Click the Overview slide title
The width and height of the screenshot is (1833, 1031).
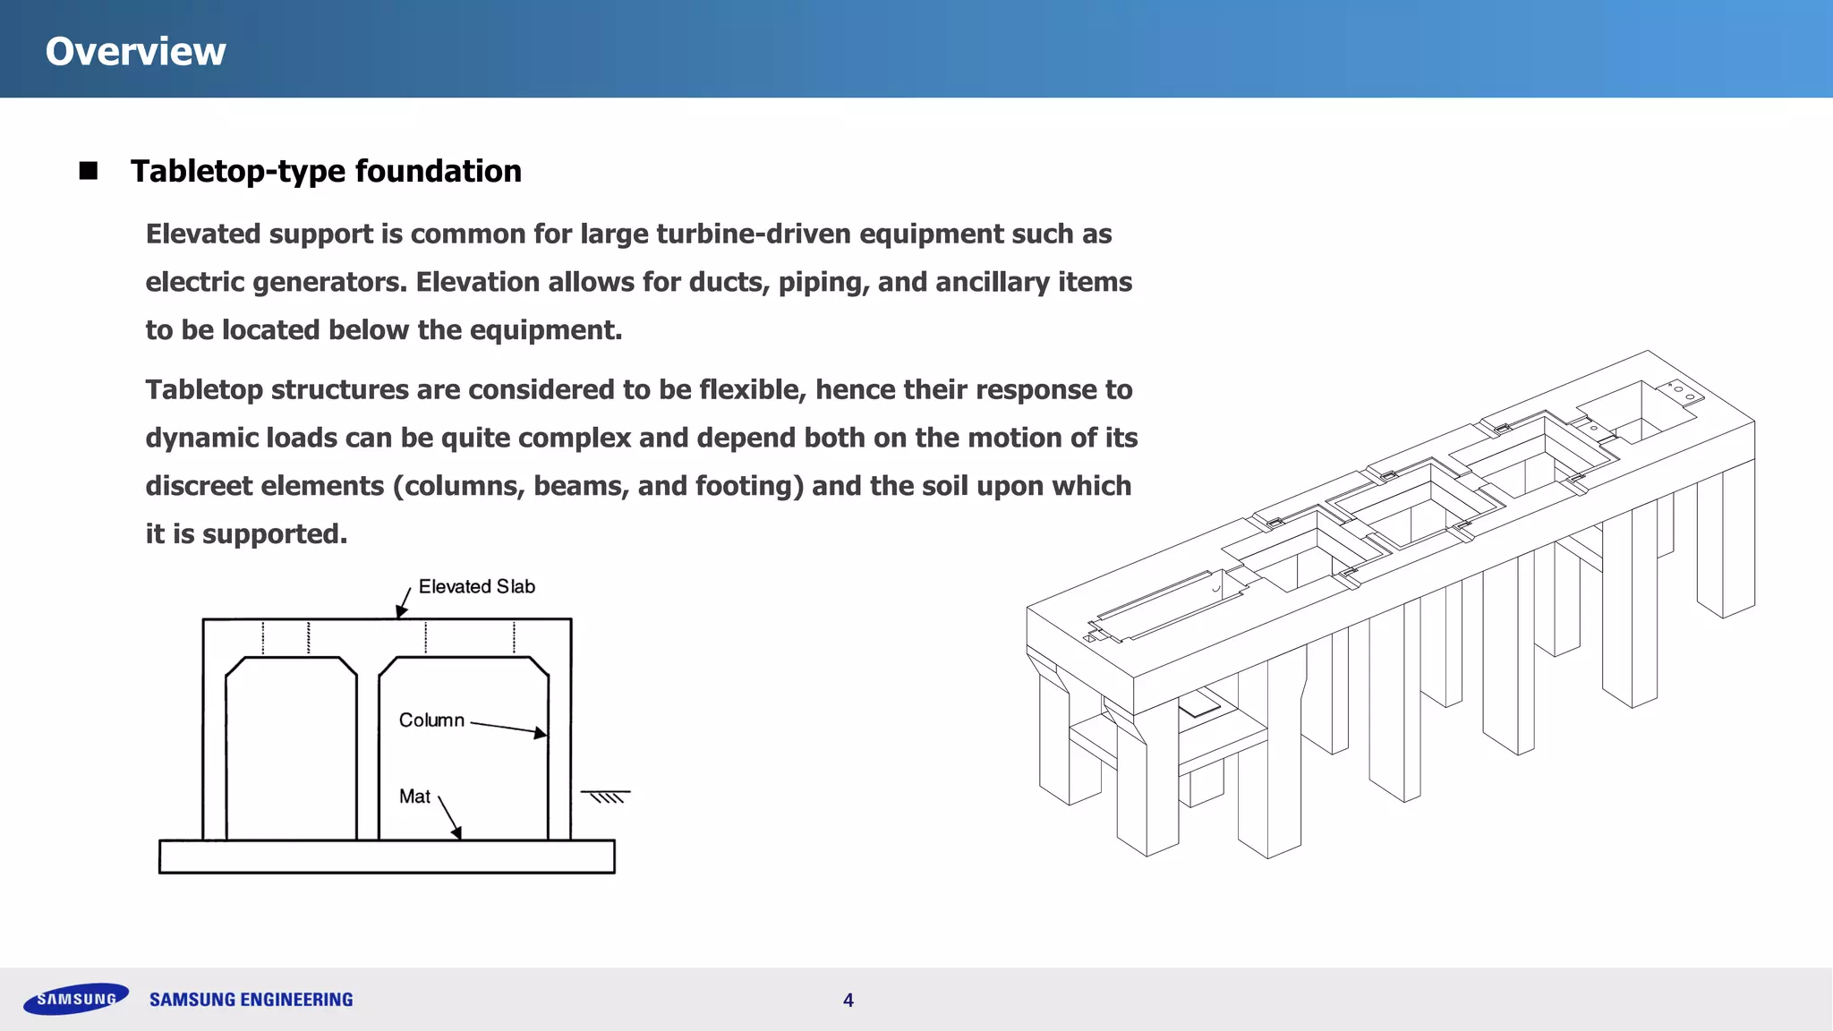point(135,51)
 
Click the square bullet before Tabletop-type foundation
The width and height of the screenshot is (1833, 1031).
point(88,171)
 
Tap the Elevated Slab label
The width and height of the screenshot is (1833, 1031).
point(476,587)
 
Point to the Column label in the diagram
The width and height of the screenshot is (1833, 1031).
point(431,720)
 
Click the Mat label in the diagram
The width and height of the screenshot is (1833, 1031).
point(414,797)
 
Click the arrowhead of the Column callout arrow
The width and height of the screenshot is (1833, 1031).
point(540,733)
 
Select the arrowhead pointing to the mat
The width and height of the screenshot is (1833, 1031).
point(456,833)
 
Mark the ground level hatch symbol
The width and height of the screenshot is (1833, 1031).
point(606,796)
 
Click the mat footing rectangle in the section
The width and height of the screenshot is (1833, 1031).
point(387,856)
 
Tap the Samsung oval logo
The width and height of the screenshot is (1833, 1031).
point(76,999)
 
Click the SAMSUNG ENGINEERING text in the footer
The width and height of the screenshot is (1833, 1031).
point(252,1000)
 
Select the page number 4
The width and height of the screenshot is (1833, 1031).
point(848,1001)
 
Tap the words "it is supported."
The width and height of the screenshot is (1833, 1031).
point(246,534)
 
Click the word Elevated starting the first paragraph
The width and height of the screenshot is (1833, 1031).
point(203,234)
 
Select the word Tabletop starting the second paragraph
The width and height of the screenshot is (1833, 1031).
point(204,390)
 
